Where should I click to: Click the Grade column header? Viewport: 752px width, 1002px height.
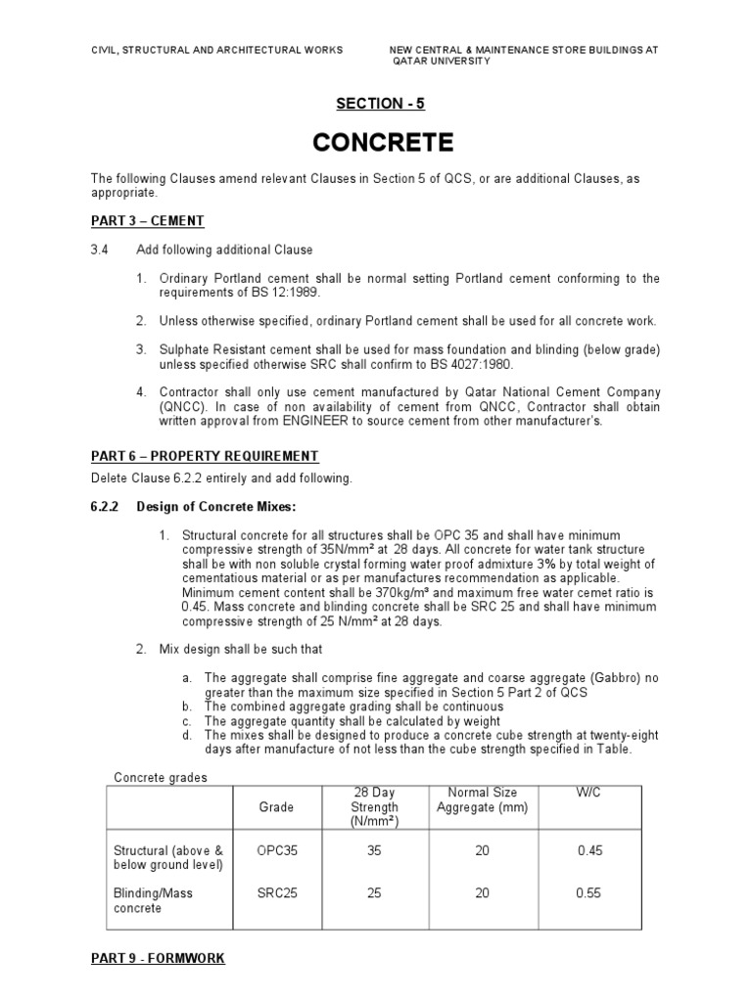pyautogui.click(x=276, y=807)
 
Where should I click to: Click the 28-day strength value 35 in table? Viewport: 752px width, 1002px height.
pyautogui.click(x=374, y=851)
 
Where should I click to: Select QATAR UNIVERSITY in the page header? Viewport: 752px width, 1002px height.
pyautogui.click(x=442, y=61)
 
